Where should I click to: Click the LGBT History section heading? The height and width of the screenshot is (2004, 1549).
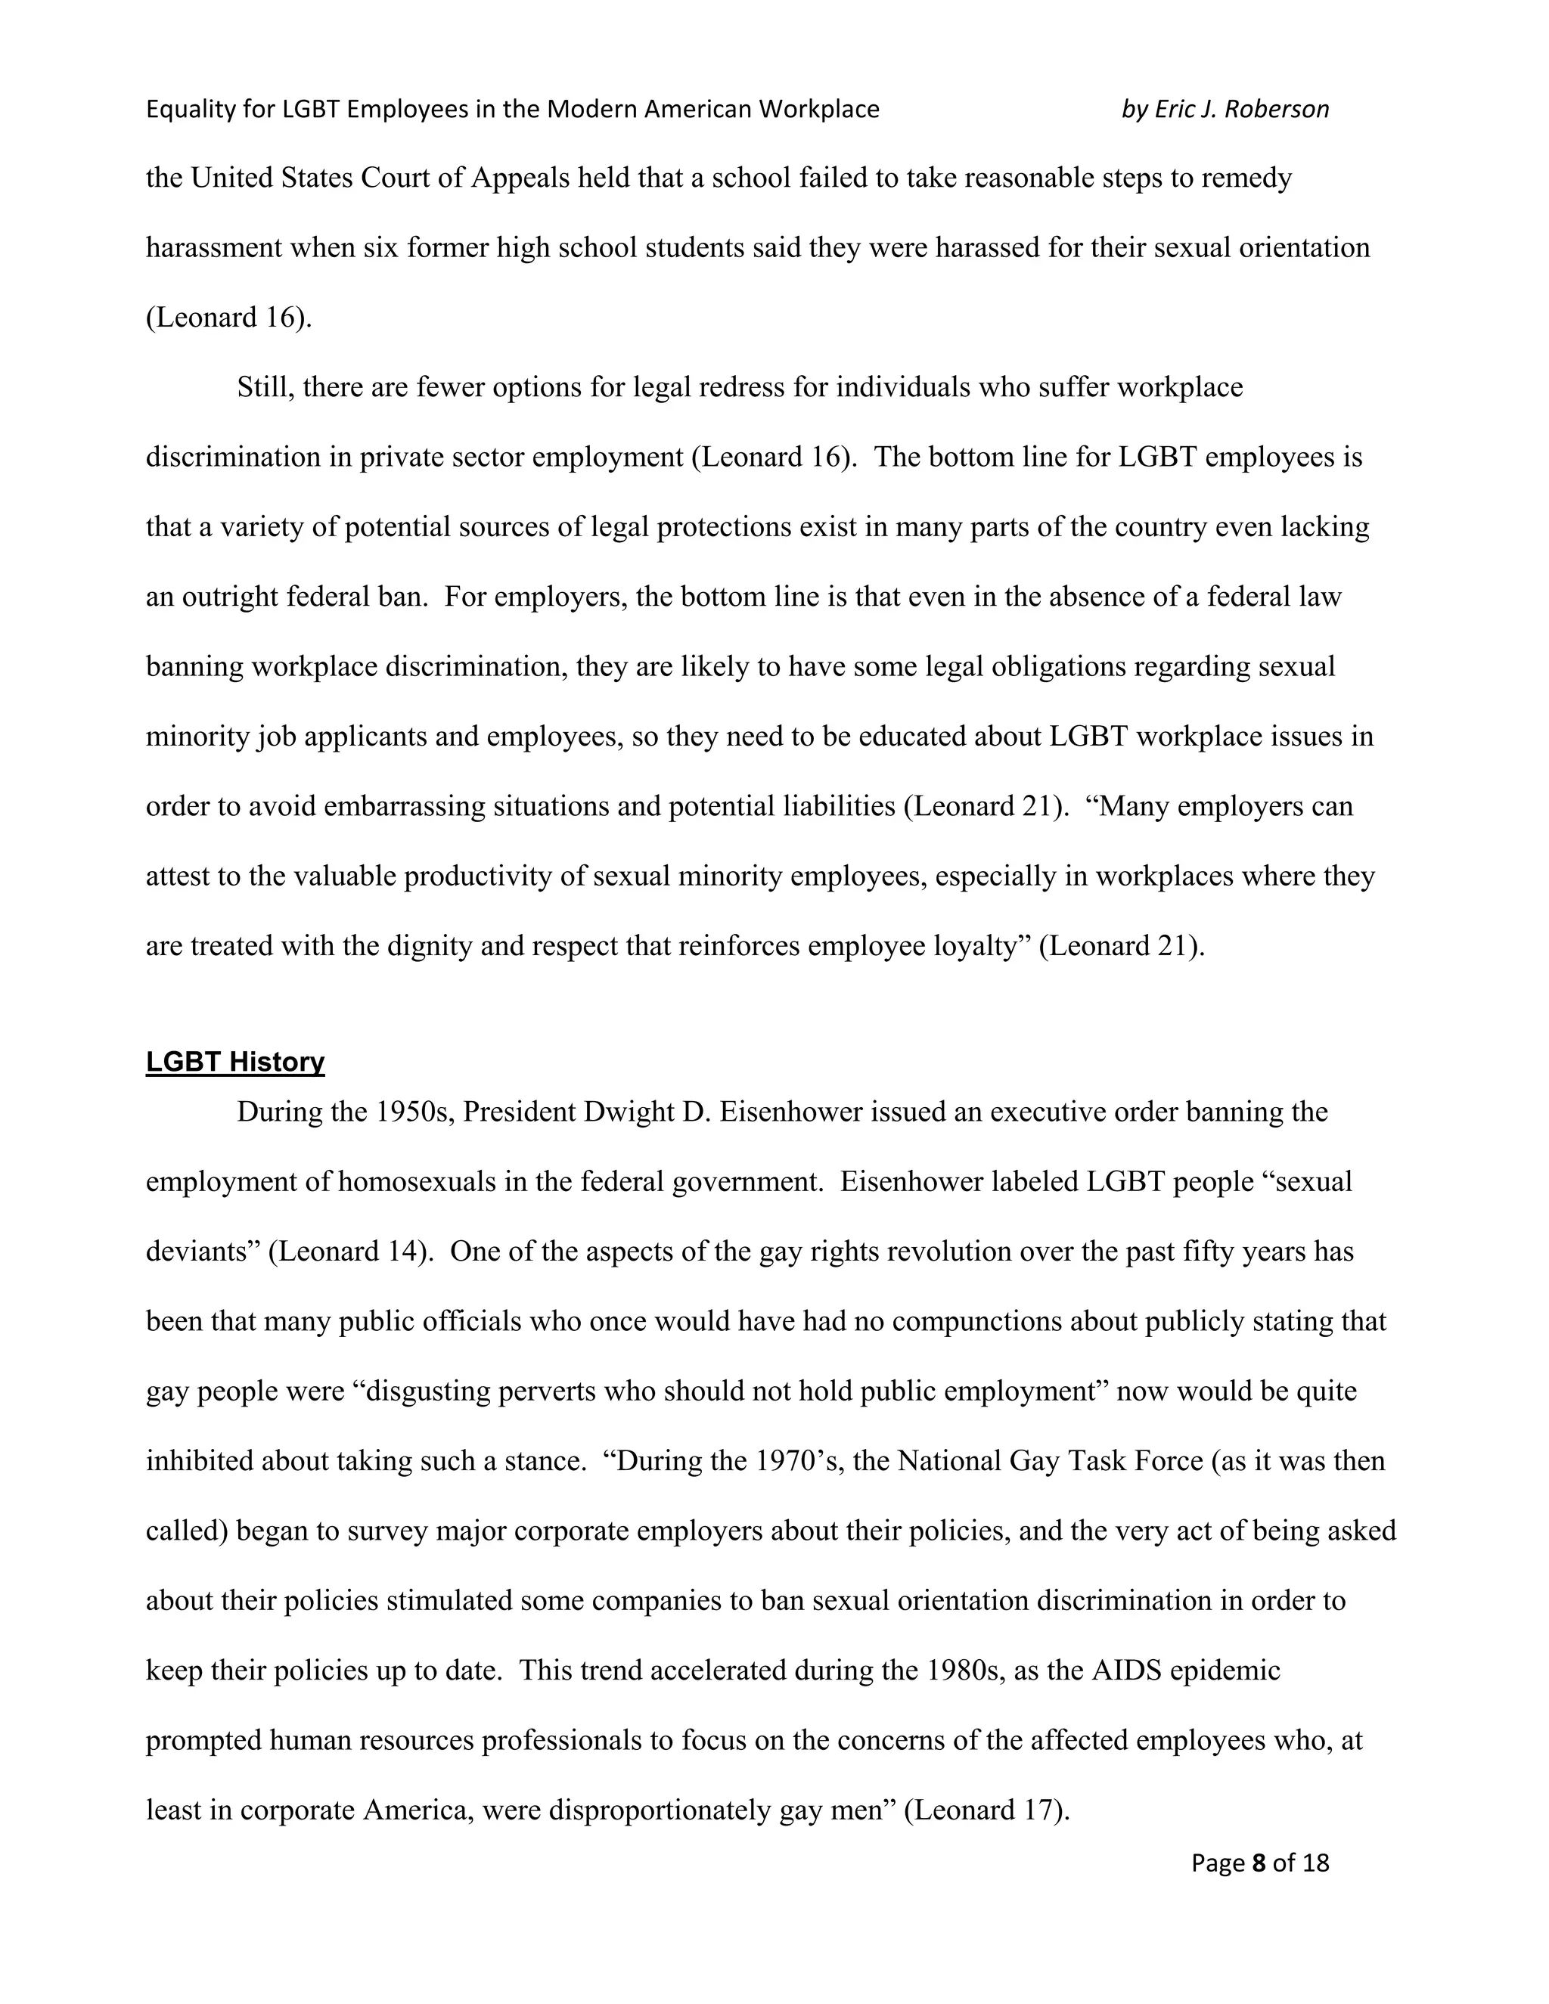(235, 1062)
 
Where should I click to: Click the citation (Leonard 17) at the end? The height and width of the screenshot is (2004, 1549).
(986, 1810)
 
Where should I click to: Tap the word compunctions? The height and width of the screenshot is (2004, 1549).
(977, 1321)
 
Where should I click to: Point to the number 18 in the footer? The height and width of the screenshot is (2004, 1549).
(1314, 1863)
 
